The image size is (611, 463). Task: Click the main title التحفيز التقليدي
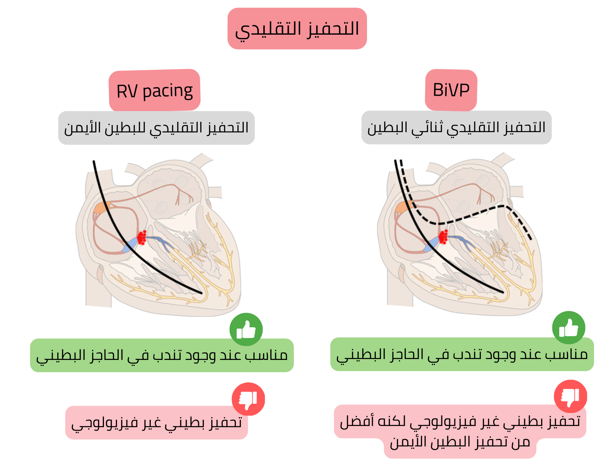[x=297, y=29]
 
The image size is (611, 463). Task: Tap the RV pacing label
[x=155, y=91]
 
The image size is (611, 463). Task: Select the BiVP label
[x=451, y=90]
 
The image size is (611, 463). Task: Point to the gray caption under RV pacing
[x=156, y=128]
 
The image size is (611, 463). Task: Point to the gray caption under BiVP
[x=456, y=128]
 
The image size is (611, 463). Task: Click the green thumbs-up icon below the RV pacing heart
[x=246, y=329]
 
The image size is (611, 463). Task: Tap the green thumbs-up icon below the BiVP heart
[x=569, y=328]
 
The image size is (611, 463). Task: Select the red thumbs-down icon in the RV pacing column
[x=248, y=399]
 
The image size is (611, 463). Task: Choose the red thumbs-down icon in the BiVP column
[x=570, y=396]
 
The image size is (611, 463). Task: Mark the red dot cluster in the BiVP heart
[x=443, y=237]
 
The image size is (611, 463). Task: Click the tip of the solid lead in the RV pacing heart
[x=201, y=293]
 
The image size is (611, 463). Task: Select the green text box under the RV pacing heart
[x=162, y=355]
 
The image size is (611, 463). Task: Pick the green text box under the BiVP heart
[x=462, y=354]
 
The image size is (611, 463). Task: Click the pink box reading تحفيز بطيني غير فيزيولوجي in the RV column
[x=156, y=423]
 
